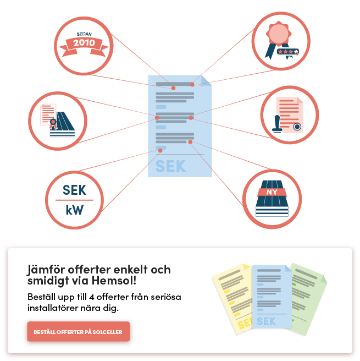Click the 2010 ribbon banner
pos(84,47)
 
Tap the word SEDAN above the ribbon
pos(84,34)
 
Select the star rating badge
pos(288,52)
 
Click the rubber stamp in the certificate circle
pos(277,124)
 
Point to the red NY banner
pos(272,192)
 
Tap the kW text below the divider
pos(75,210)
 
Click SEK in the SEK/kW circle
pos(75,190)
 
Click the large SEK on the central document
pos(170,166)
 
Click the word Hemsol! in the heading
pos(114,281)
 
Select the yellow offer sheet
pos(232,299)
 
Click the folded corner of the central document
pos(206,80)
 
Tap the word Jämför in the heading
pos(46,270)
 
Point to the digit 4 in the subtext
pos(91,297)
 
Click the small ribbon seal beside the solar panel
pos(53,124)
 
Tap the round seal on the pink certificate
pos(297,127)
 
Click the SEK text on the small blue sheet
pos(266,321)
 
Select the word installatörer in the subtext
pos(63,308)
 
